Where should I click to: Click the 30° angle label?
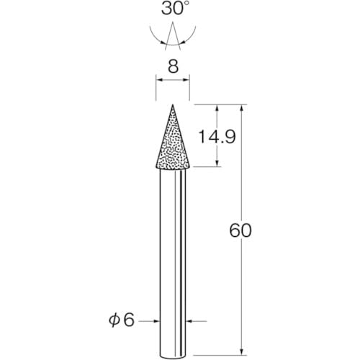pos(173,9)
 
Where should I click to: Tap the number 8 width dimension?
pos(173,66)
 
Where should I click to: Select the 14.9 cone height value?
pos(217,137)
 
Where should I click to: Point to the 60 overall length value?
pos(240,230)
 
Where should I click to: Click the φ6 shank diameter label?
pos(122,320)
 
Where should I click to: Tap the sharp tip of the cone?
pos(173,104)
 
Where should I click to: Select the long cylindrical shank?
pos(173,264)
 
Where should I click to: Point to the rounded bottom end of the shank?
pos(173,357)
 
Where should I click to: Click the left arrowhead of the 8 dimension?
pos(159,80)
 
